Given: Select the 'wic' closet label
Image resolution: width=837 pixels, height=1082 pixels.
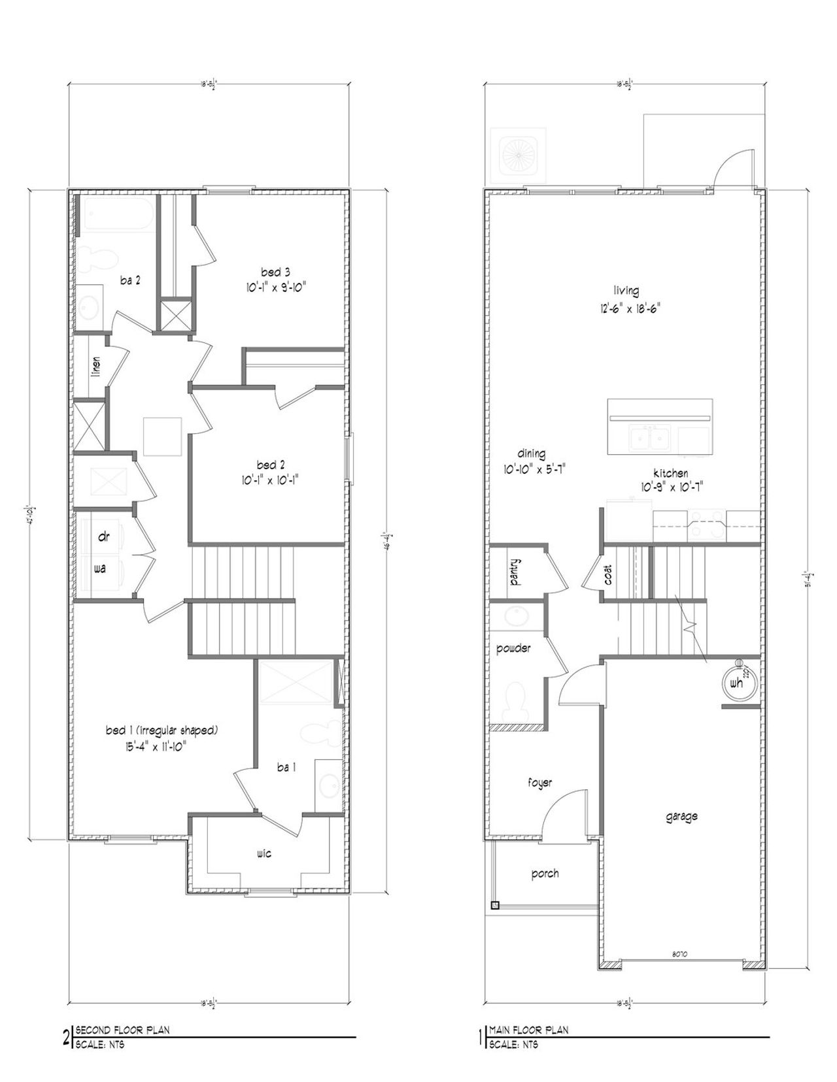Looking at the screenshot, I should coord(264,853).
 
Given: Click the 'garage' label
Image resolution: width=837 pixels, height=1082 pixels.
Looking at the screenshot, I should coord(681,816).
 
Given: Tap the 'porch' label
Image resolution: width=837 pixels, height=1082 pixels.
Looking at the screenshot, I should coord(545,874).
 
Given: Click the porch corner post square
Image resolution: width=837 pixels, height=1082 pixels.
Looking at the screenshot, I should coord(495,906).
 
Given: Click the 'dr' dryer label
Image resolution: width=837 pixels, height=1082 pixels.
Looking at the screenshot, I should coord(103,536).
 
